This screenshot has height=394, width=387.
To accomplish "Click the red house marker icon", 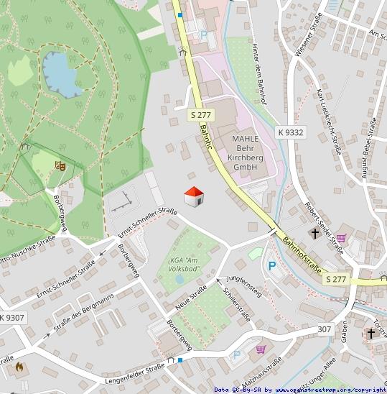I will (x=194, y=196).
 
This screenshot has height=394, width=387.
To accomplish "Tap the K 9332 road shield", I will (x=291, y=132).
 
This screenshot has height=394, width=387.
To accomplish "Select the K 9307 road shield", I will (x=11, y=317).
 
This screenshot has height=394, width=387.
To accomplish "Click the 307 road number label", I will (x=325, y=329).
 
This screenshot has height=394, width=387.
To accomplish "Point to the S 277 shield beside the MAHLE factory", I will (x=202, y=115).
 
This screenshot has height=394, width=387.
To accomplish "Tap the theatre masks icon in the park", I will (x=60, y=165).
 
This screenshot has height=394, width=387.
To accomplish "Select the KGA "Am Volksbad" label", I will (x=183, y=264).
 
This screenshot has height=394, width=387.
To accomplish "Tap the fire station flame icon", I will (x=19, y=366).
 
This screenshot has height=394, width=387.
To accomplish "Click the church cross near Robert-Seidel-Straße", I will (x=315, y=233).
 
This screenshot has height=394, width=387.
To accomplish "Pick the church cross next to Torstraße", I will (x=370, y=333).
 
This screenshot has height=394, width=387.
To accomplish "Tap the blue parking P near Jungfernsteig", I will (x=272, y=266).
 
